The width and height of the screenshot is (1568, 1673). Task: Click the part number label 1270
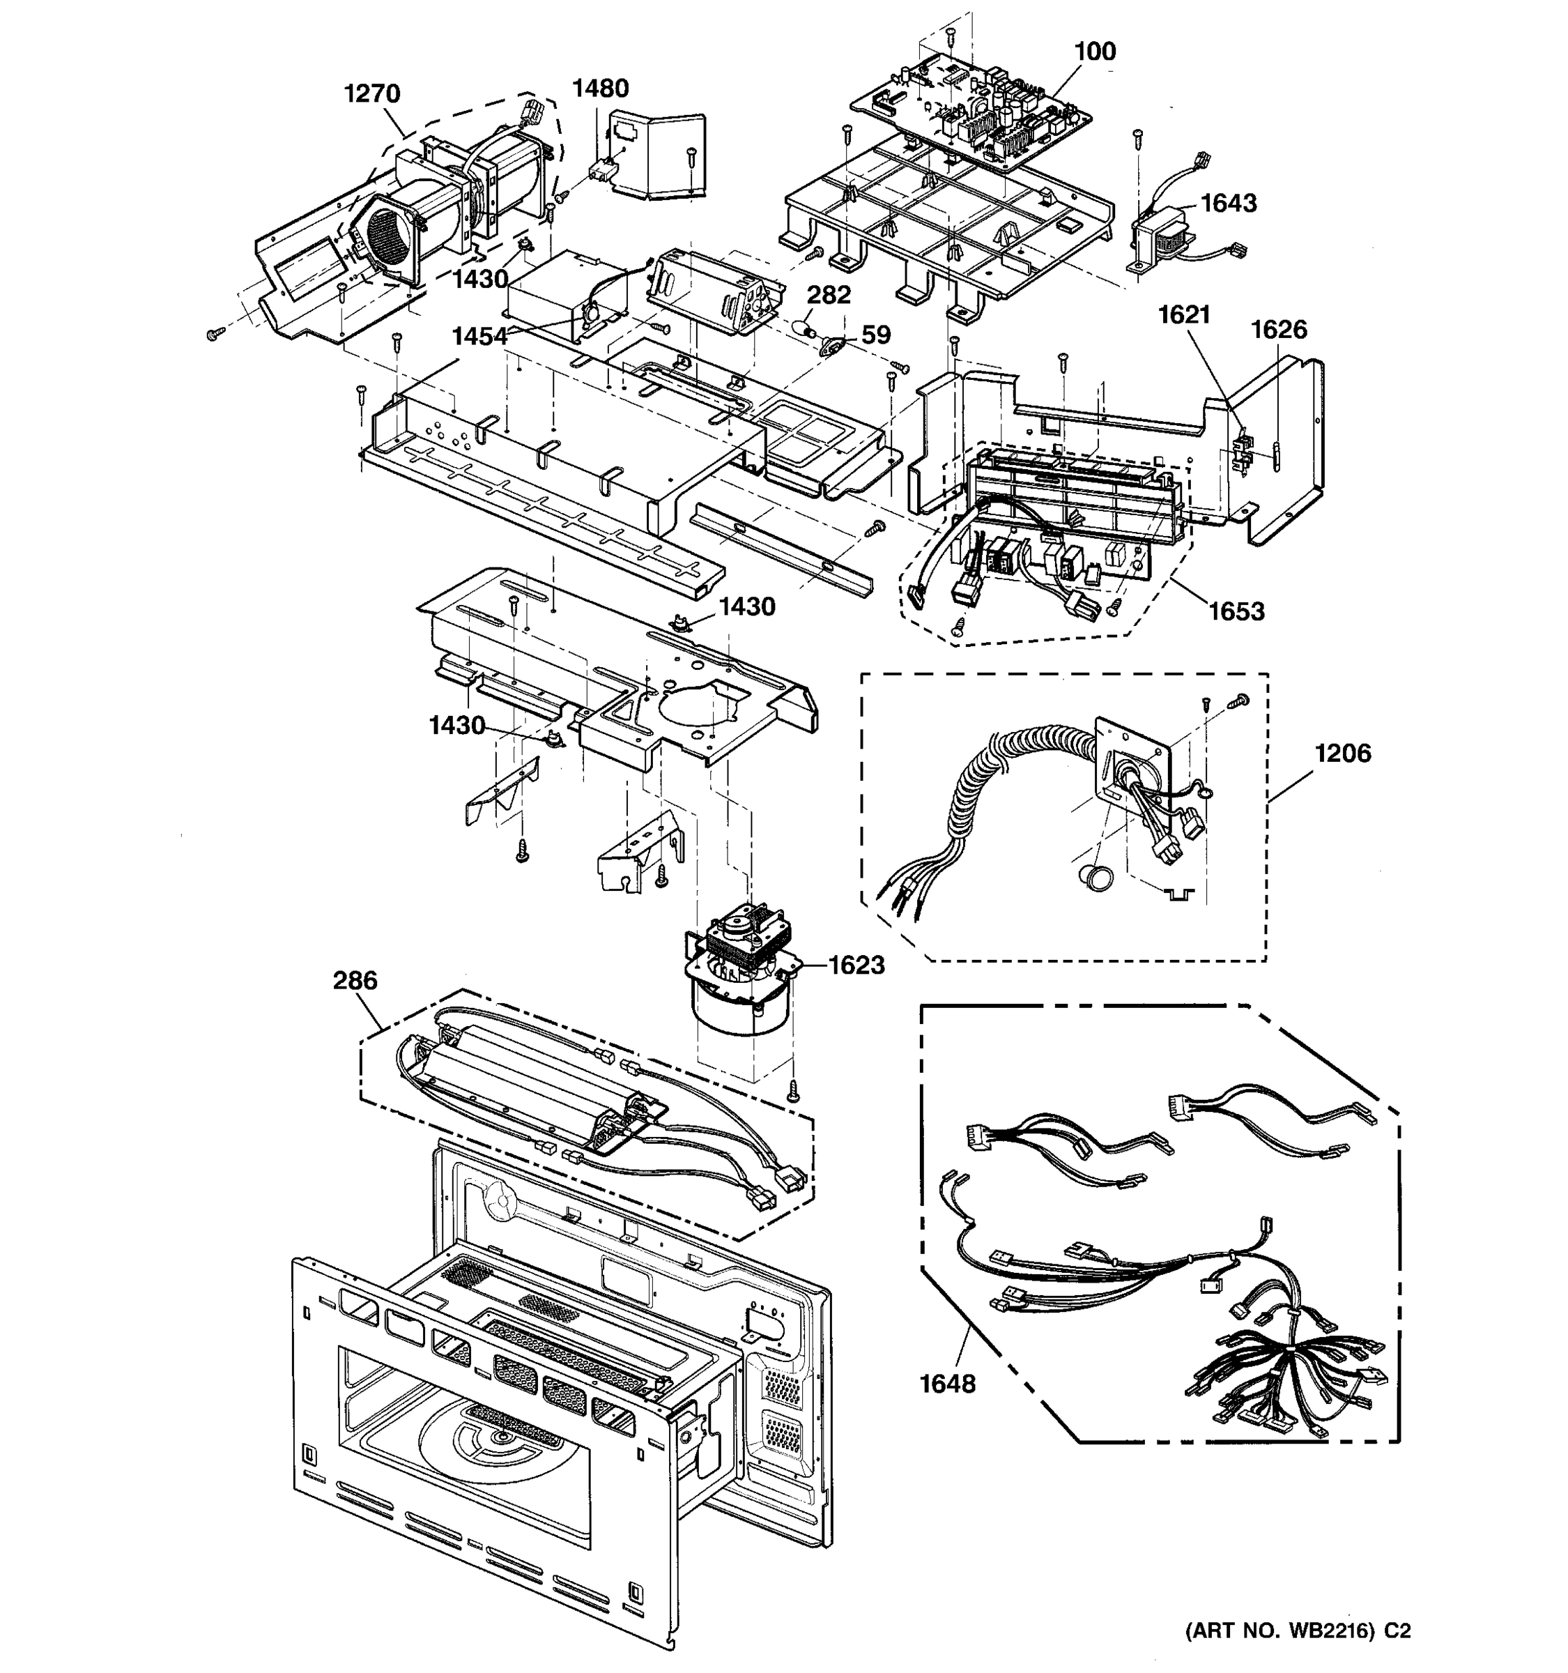[372, 93]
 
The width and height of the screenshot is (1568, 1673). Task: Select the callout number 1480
[601, 88]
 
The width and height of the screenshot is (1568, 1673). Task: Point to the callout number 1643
[1228, 203]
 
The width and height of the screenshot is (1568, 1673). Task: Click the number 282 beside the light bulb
[829, 295]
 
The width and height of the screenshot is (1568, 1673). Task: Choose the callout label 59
[876, 335]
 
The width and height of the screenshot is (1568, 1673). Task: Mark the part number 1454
[479, 337]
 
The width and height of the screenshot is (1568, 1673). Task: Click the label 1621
[1183, 315]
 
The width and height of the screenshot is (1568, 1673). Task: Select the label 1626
[1279, 329]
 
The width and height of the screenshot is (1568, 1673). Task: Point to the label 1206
[1343, 752]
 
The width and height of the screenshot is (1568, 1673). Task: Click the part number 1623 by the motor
[856, 965]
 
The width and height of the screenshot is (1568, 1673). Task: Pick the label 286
[355, 980]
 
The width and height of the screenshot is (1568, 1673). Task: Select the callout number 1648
[947, 1384]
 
